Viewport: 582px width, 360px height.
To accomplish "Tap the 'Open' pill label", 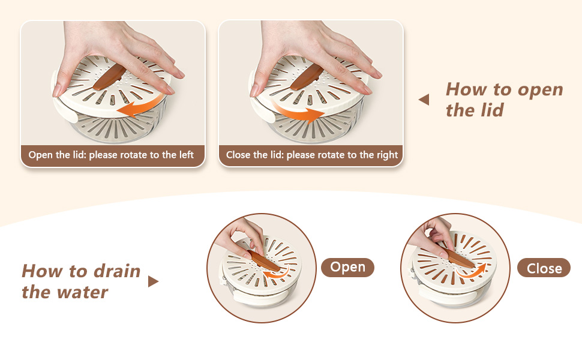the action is click(x=347, y=267).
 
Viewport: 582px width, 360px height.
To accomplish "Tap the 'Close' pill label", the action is click(x=544, y=268).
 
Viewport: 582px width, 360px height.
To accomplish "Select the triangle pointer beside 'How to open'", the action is click(x=424, y=100).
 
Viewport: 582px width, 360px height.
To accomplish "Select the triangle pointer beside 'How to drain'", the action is click(x=153, y=281).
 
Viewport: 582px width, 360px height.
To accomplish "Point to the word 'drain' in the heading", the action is click(x=117, y=271).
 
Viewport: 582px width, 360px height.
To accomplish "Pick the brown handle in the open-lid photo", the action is click(x=109, y=77).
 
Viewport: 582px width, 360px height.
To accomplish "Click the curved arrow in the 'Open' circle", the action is click(x=277, y=273).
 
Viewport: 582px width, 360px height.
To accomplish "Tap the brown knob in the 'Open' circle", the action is click(x=263, y=260).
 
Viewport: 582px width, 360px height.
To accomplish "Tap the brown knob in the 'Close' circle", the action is click(x=460, y=258).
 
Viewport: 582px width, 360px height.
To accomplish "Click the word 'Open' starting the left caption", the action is click(x=41, y=155).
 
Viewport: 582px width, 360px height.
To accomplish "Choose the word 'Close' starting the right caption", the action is click(x=239, y=155).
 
